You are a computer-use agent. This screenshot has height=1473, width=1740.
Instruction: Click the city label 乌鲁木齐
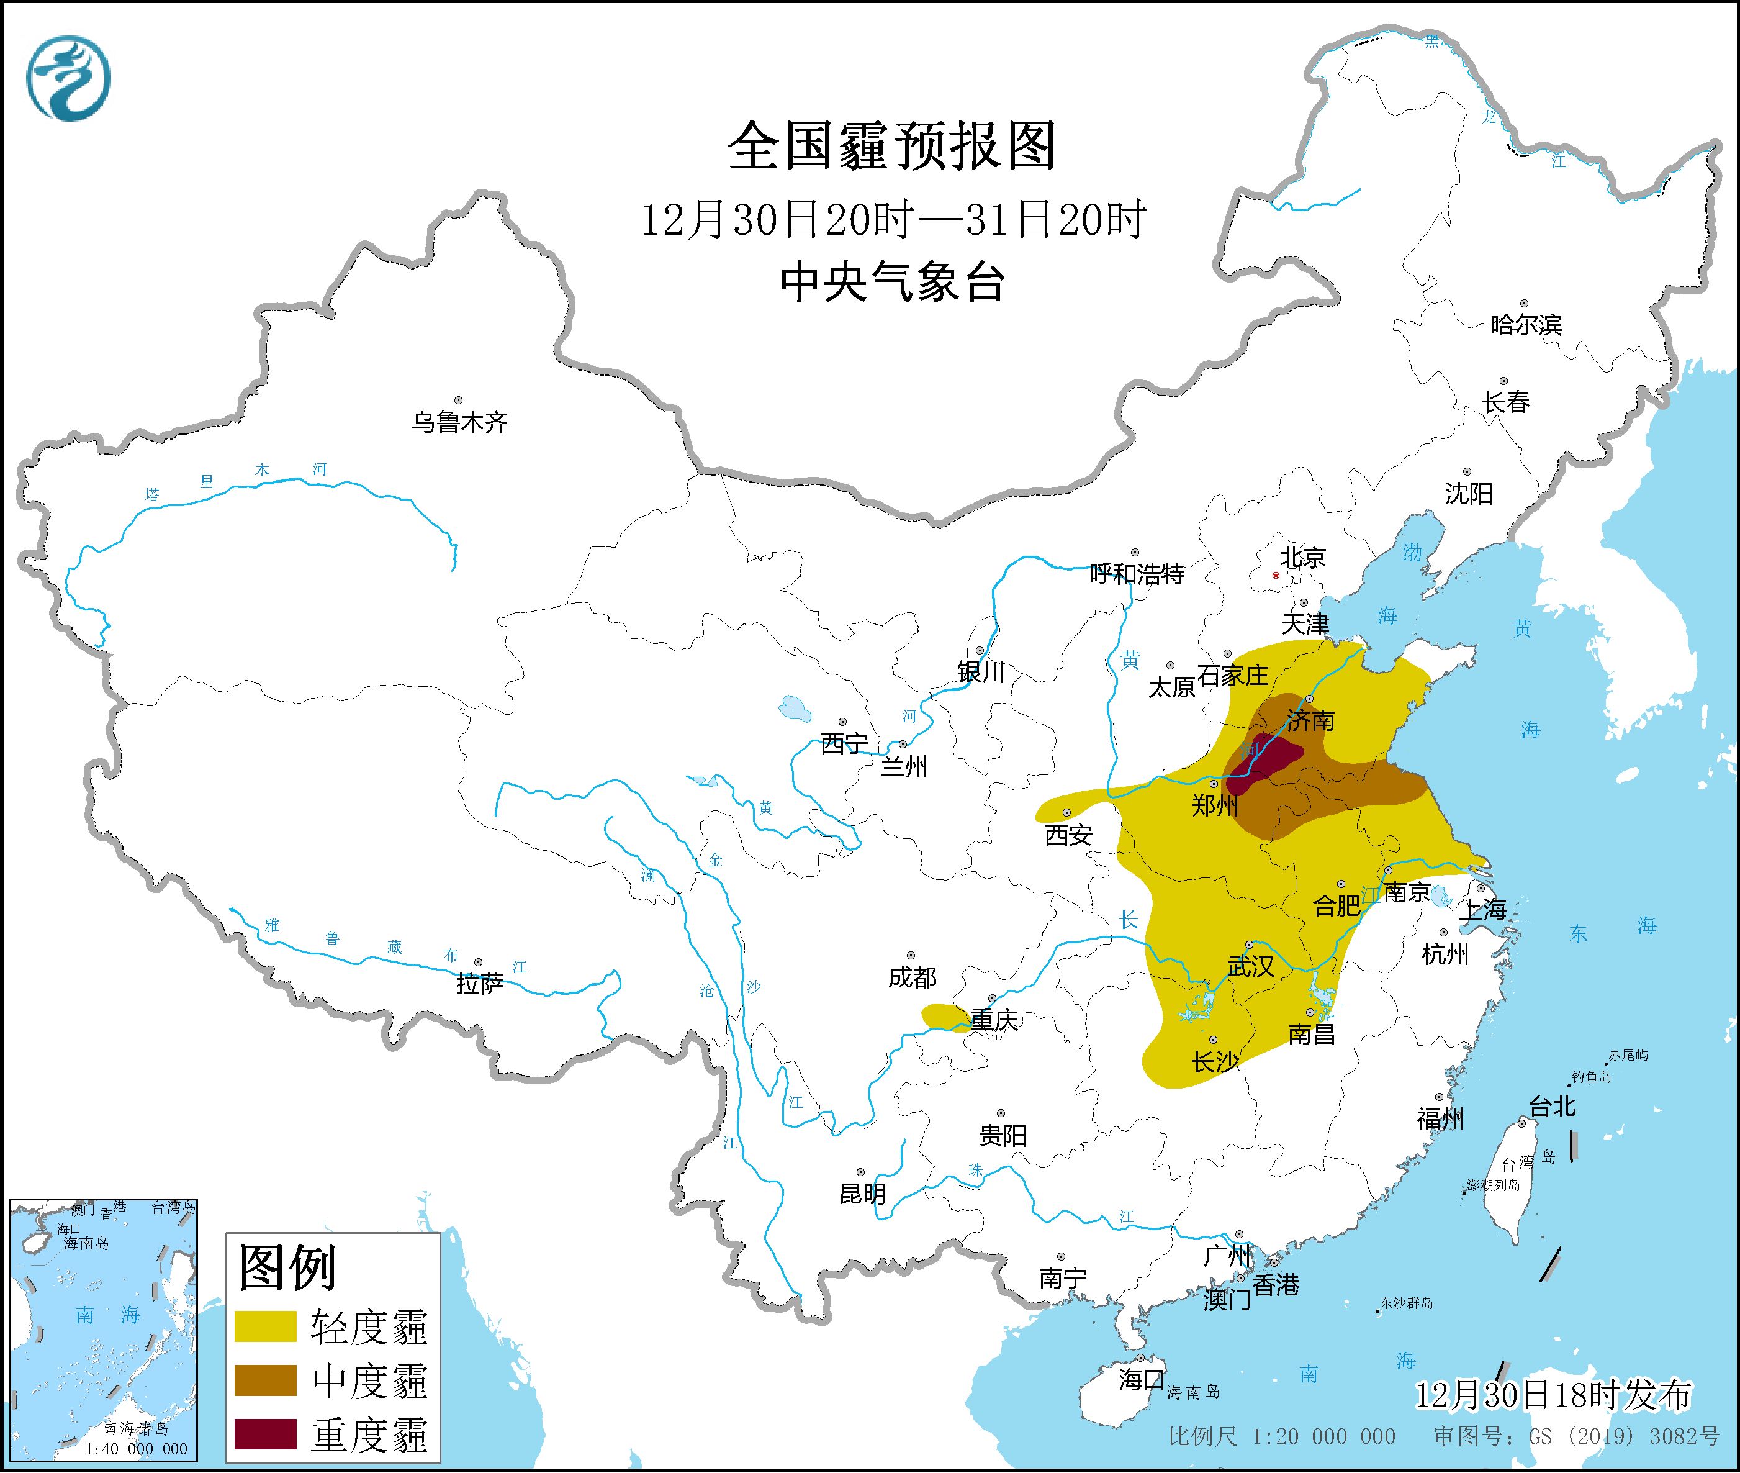point(459,422)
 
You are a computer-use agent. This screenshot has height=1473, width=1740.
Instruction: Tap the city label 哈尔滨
point(1525,325)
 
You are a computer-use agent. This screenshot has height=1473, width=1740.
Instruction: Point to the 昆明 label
point(862,1194)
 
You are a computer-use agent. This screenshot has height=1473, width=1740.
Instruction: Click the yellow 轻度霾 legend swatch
point(266,1326)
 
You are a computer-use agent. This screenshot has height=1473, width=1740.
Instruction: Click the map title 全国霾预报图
point(891,146)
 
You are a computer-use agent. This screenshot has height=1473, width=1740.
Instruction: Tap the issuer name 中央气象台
point(891,281)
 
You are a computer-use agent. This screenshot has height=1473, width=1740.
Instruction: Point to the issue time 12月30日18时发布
point(1553,1395)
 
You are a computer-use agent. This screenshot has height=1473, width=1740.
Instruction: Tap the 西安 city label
point(1068,834)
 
